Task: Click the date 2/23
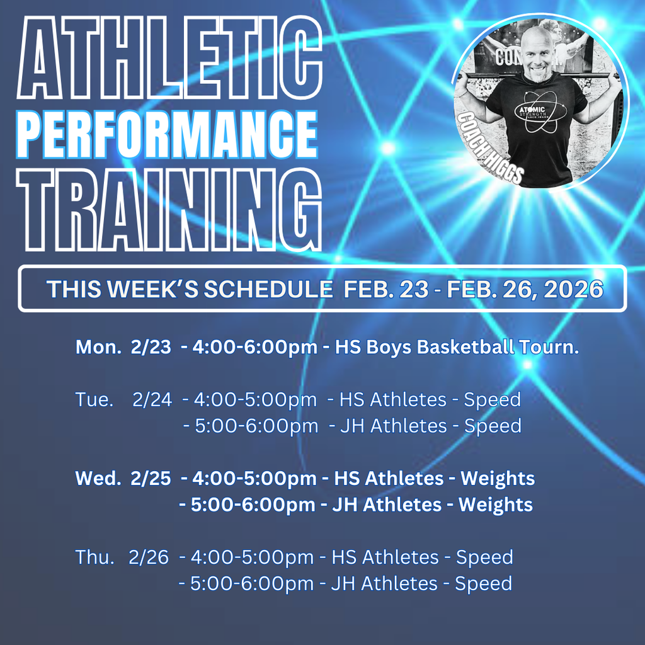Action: pos(151,347)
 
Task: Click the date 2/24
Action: pos(152,399)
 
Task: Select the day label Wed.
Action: pos(98,478)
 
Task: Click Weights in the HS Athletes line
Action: pos(498,478)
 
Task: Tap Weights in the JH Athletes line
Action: pos(496,505)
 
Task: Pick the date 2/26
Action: pos(149,557)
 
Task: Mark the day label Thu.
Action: pos(95,557)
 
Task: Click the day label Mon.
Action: pos(98,347)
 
